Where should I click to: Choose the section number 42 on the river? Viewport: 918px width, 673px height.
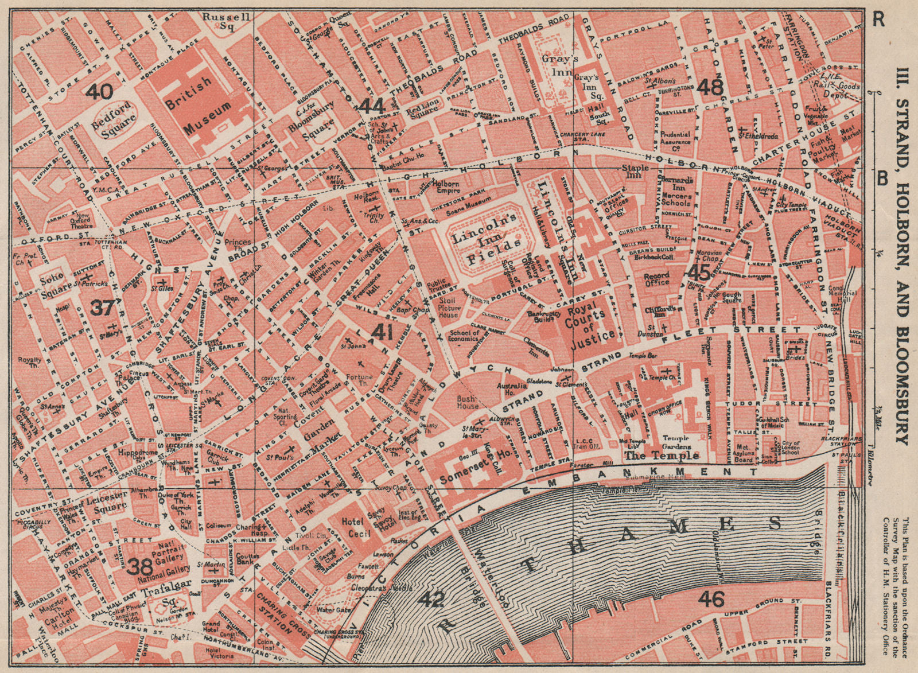point(431,600)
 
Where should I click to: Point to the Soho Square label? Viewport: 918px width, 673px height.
point(45,279)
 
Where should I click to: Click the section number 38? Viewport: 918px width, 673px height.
point(141,566)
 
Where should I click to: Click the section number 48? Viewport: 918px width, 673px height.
point(710,87)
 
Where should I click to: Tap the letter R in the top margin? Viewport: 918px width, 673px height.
point(878,19)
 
